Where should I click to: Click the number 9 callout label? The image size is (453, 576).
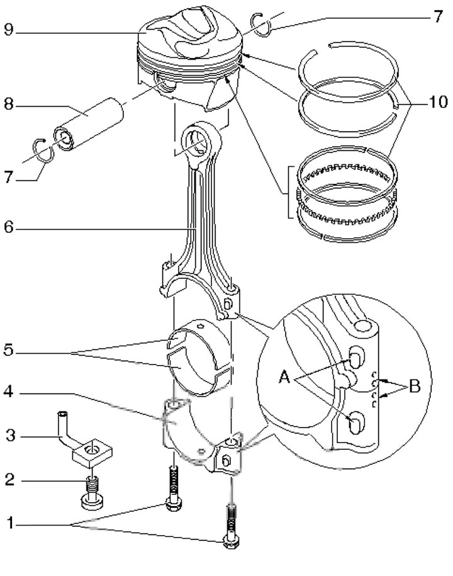(x=9, y=30)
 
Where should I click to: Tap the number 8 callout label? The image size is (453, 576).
(x=9, y=104)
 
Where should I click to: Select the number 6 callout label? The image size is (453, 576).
(x=9, y=227)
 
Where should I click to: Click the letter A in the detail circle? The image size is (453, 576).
(x=284, y=377)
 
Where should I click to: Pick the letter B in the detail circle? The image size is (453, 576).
(x=415, y=386)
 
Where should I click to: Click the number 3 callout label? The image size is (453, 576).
(x=11, y=436)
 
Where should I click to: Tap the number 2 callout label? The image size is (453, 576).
(x=9, y=480)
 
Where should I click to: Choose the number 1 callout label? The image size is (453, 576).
(x=10, y=523)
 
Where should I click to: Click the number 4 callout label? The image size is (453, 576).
(x=9, y=392)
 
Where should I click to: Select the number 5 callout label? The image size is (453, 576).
(x=9, y=350)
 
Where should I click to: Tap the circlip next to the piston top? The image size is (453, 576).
(x=261, y=25)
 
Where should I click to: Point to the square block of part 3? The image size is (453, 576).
(x=92, y=453)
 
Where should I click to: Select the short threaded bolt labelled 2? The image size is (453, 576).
(x=92, y=493)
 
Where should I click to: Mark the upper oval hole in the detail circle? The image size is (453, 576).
(x=356, y=357)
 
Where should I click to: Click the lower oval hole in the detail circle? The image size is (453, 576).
(x=356, y=423)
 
